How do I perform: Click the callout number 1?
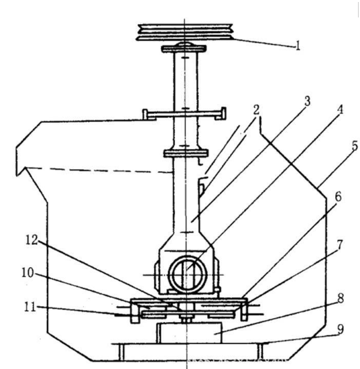(x=298, y=46)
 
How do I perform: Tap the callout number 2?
(x=256, y=110)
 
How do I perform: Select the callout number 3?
(x=307, y=101)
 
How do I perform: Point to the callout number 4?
(x=340, y=109)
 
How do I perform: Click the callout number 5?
(x=355, y=146)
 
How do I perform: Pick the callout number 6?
(x=338, y=197)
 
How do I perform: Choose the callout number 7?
(x=340, y=245)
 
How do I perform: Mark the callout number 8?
(x=341, y=299)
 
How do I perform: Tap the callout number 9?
(x=341, y=329)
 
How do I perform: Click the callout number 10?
(x=27, y=273)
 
